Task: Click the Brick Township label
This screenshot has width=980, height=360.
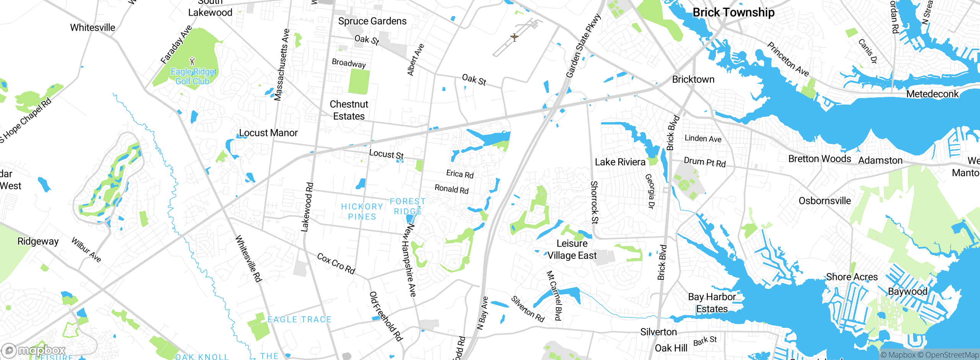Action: (x=733, y=12)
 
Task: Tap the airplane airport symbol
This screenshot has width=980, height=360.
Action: (x=514, y=37)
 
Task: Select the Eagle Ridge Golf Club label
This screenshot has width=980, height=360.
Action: (x=193, y=76)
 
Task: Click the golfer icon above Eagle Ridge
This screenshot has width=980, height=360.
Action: (x=192, y=61)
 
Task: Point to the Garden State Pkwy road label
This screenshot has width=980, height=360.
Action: (x=583, y=46)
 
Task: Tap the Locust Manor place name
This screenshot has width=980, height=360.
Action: (x=268, y=133)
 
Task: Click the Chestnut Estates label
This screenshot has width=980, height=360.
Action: (x=349, y=110)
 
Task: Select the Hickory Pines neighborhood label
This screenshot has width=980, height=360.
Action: (x=362, y=211)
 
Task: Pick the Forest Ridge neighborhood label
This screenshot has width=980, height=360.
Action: (x=408, y=206)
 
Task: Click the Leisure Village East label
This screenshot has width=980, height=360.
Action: (x=572, y=249)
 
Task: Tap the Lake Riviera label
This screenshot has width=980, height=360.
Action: (x=620, y=162)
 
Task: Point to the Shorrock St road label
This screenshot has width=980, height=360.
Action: (x=594, y=202)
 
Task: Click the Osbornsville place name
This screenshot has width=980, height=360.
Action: (x=825, y=201)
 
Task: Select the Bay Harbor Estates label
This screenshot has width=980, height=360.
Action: (x=712, y=303)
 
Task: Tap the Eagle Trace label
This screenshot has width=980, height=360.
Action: (x=299, y=319)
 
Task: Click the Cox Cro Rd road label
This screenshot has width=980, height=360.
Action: (x=336, y=263)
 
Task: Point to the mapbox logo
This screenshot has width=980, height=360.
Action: (x=34, y=350)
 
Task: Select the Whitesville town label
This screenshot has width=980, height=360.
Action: (x=92, y=28)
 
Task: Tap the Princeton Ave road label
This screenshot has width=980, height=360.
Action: (x=787, y=59)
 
